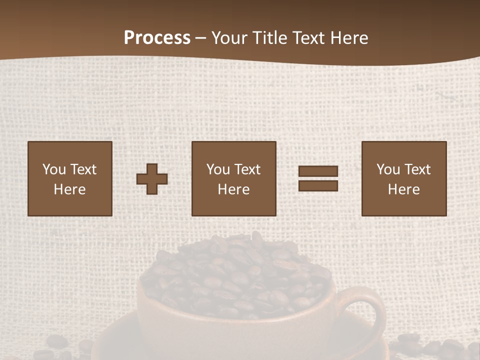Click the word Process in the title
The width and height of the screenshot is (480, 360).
[157, 38]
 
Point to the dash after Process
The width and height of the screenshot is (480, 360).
[200, 38]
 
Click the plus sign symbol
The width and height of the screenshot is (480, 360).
[152, 178]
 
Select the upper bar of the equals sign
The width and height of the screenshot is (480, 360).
[318, 171]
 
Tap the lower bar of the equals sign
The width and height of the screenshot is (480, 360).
[318, 185]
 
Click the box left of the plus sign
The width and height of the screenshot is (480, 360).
[70, 178]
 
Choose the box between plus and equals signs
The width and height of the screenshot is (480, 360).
[234, 178]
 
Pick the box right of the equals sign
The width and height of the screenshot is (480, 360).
[404, 178]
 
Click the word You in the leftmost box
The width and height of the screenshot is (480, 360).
[54, 169]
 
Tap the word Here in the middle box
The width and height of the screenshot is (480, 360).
[234, 189]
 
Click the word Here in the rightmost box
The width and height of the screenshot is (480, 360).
[404, 189]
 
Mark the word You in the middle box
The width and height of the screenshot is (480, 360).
[218, 169]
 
